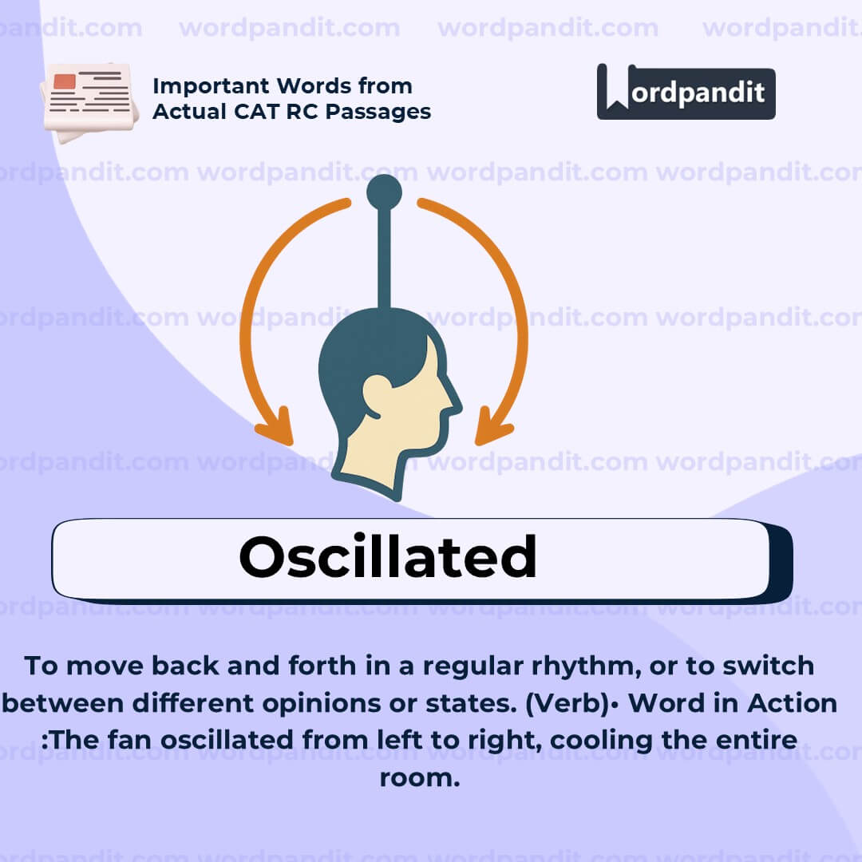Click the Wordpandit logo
pyautogui.click(x=686, y=93)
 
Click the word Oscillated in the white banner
pyautogui.click(x=388, y=556)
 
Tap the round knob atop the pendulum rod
pyautogui.click(x=384, y=192)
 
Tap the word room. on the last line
pyautogui.click(x=420, y=777)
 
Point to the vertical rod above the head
pyautogui.click(x=384, y=255)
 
